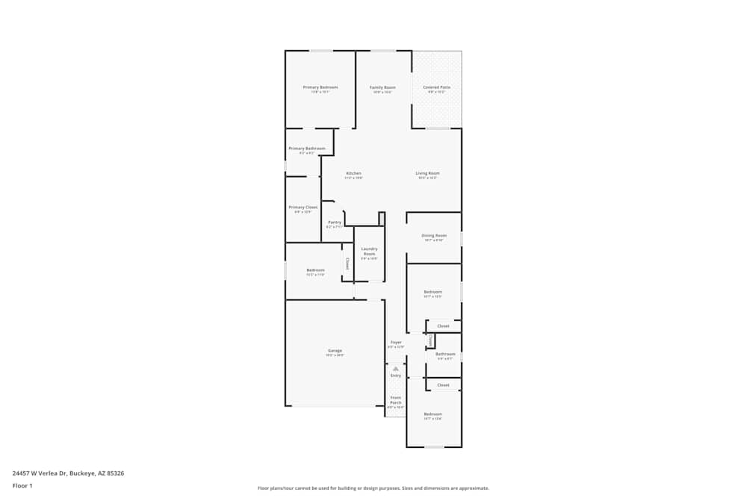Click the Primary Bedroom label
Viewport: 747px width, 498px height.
320,87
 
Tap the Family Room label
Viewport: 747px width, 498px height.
383,87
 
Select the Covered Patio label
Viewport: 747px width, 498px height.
436,87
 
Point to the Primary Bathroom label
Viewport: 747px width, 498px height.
307,149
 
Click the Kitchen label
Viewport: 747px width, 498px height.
353,173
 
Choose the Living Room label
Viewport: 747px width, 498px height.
427,173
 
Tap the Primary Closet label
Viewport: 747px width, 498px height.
303,207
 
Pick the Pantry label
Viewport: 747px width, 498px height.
335,222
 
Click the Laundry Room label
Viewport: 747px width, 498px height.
369,251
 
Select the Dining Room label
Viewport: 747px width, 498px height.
434,235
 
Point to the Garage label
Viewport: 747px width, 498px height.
335,350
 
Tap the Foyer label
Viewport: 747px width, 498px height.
396,342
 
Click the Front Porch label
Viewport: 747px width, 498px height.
396,399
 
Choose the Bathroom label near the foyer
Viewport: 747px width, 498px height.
445,354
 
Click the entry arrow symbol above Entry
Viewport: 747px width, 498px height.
396,369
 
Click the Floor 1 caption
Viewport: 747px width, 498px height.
22,485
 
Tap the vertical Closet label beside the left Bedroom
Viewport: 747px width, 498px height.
347,263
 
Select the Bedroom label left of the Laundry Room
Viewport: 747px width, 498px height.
315,270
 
